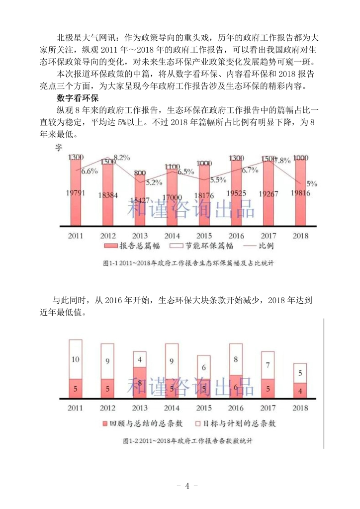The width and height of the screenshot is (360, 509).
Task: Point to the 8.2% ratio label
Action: (121, 158)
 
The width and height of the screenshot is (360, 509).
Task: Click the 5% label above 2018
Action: (312, 183)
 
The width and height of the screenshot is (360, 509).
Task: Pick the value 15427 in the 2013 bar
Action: (140, 200)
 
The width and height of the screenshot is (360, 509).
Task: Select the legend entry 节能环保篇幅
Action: (194, 246)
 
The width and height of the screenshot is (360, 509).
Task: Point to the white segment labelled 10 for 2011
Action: (75, 359)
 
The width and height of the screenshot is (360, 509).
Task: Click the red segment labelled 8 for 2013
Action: (140, 383)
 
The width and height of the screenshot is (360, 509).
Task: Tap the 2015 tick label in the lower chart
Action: (204, 408)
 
